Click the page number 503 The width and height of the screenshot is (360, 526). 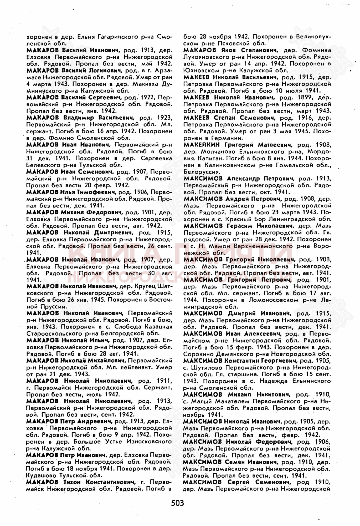(x=178, y=503)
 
